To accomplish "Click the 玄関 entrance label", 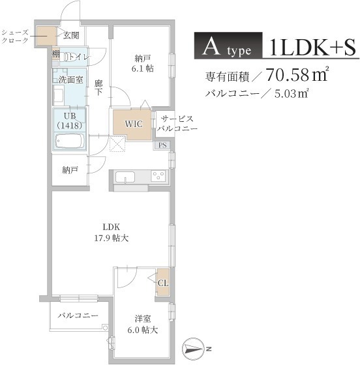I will [x=72, y=35].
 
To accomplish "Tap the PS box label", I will [x=162, y=145].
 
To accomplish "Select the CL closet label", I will [x=162, y=282].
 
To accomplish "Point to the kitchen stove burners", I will [x=159, y=176].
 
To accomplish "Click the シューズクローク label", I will [x=15, y=36].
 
